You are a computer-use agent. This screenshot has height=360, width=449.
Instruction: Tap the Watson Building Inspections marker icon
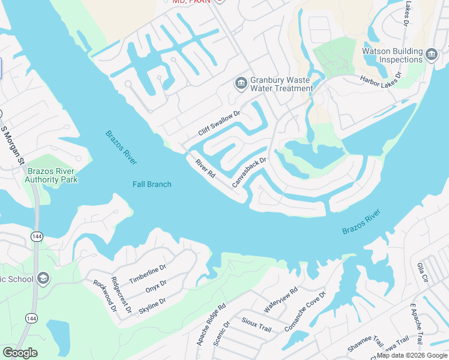point(431,56)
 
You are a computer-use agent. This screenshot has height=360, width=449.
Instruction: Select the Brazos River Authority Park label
point(52,175)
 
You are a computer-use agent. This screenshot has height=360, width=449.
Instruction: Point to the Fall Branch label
point(152,184)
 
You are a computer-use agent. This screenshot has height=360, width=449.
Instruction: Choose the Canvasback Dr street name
point(249,172)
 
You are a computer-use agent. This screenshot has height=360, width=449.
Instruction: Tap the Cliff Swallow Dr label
point(219,123)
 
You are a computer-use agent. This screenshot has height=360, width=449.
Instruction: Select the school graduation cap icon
point(43,278)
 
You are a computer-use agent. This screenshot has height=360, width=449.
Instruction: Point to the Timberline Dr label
point(147,274)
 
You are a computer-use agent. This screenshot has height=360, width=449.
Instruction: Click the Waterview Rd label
point(281,301)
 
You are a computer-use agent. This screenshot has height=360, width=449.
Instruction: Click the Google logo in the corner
point(20,353)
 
